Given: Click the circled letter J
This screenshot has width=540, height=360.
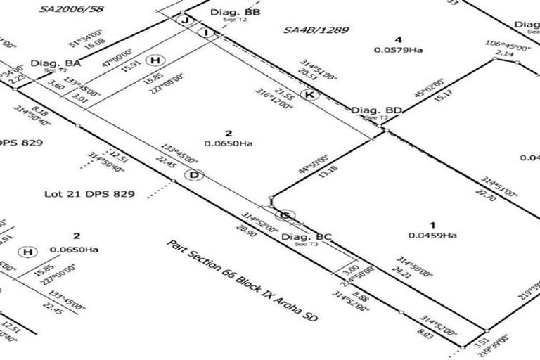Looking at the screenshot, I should pyautogui.click(x=185, y=20).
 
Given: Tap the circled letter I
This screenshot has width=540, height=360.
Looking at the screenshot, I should pyautogui.click(x=205, y=32).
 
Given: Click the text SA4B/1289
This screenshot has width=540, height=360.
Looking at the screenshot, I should pyautogui.click(x=316, y=30).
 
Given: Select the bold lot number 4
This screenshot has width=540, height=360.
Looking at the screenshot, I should pyautogui.click(x=398, y=39).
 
